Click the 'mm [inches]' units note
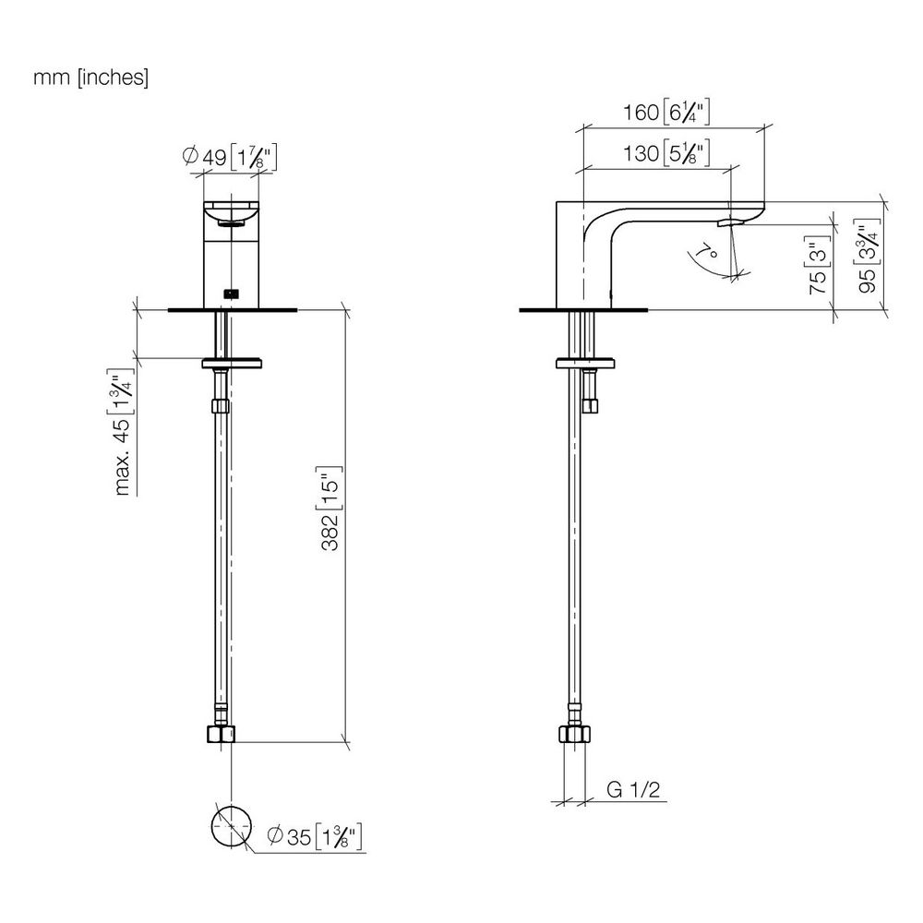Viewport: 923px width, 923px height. [90, 78]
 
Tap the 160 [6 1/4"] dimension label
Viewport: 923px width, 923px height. [666, 112]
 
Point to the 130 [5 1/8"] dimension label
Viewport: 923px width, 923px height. [666, 153]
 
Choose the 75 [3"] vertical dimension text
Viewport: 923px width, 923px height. [818, 265]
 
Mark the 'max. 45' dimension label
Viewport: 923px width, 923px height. [122, 433]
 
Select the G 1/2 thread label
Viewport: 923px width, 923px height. [633, 789]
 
